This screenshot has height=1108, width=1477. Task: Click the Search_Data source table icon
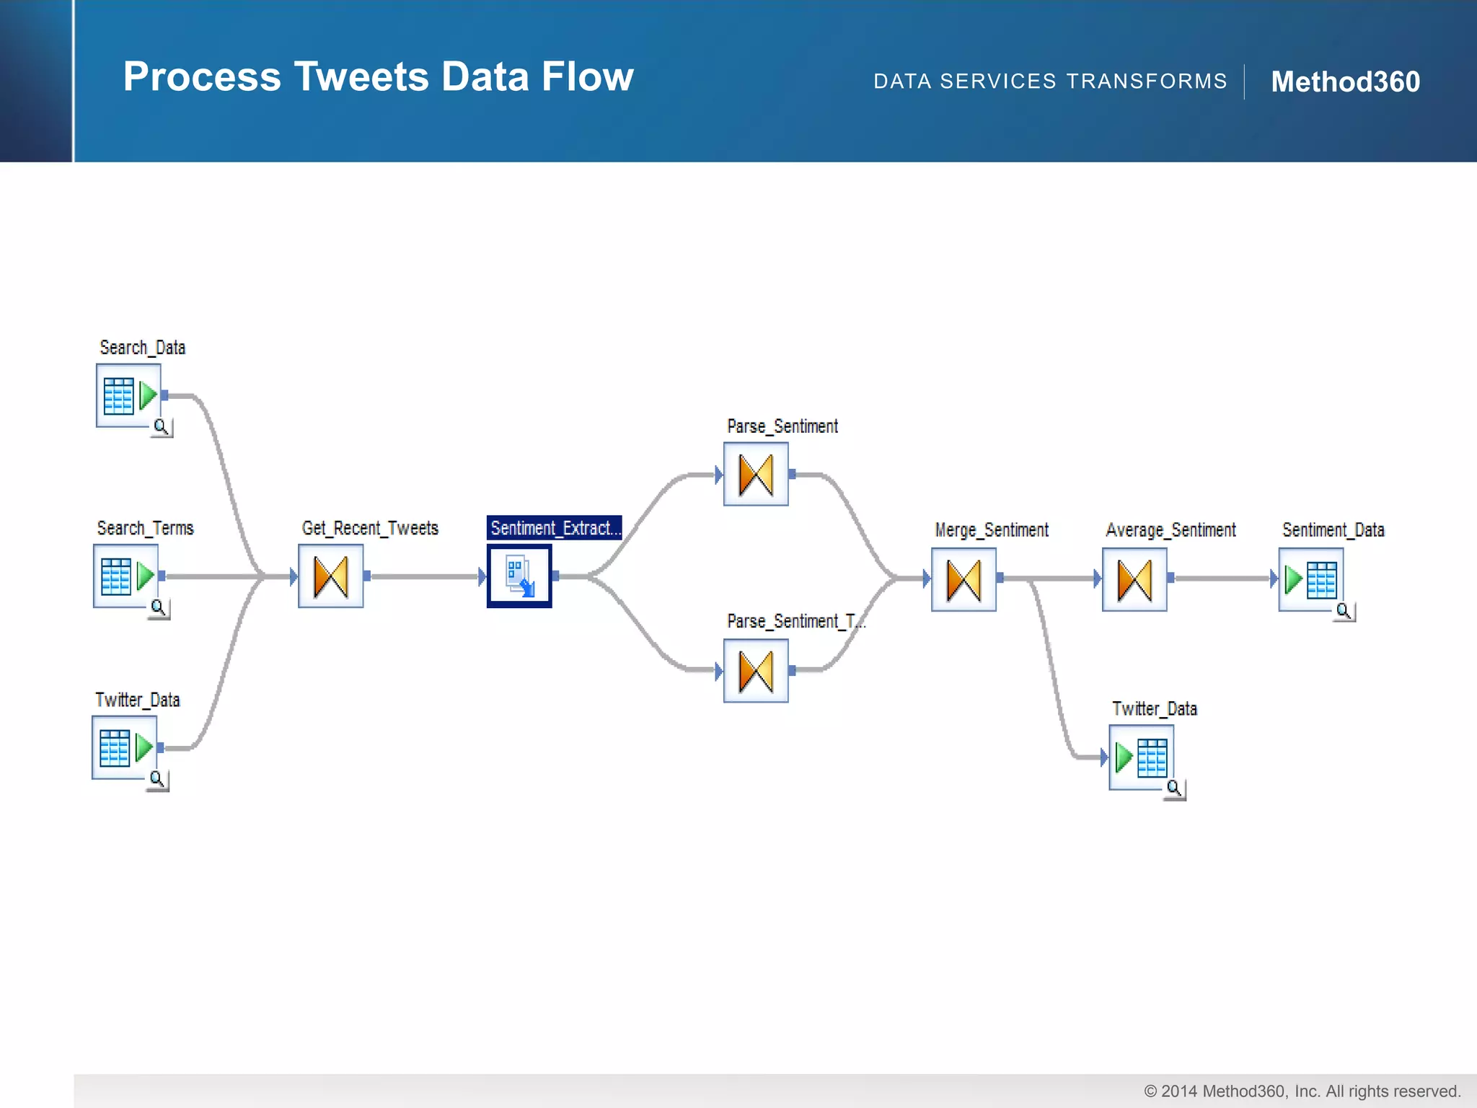128,395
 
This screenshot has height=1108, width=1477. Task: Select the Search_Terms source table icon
125,576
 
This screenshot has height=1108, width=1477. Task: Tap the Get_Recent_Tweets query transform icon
331,576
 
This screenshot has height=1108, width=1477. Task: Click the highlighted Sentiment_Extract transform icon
519,576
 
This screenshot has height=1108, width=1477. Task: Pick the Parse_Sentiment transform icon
756,475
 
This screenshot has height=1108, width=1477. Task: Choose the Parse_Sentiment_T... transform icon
756,671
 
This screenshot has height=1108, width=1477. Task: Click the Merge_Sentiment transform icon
964,579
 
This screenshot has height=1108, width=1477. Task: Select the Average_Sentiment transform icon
1134,579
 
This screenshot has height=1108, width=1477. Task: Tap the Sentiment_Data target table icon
1310,579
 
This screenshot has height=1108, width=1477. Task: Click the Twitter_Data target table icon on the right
1141,757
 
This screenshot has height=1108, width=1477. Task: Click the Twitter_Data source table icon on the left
124,747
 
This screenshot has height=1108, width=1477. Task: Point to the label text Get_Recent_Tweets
370,528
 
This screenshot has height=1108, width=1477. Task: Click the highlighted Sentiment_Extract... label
554,528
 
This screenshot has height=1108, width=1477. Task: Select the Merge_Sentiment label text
992,530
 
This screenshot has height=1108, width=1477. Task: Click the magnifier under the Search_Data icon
162,427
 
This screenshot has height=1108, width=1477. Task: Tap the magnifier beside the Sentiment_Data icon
1344,612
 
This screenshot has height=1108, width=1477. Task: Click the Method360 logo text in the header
1345,82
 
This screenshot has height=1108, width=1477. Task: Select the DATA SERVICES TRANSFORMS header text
1050,82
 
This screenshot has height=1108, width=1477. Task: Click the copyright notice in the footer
1302,1091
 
